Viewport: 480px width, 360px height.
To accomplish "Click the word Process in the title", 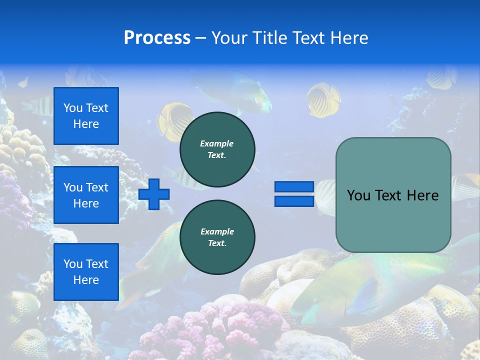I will (157, 38).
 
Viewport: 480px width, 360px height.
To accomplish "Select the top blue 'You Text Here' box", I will (86, 116).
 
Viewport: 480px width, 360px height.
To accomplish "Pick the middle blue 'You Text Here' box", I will (86, 195).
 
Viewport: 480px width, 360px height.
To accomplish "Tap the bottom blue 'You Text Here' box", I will (86, 271).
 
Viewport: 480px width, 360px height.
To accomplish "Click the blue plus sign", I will (154, 194).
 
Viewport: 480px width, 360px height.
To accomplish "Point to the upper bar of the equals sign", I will (294, 186).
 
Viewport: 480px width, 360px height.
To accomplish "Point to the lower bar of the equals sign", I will (294, 201).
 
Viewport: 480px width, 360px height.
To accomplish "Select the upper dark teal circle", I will (217, 149).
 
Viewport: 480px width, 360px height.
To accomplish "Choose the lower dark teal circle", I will (217, 237).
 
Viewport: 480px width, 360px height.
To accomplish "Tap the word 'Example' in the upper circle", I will (217, 143).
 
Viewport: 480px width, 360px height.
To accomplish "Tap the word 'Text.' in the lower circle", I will (217, 243).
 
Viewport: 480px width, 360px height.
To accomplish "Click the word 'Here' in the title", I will (348, 38).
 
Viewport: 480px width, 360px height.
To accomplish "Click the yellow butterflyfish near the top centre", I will (322, 100).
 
